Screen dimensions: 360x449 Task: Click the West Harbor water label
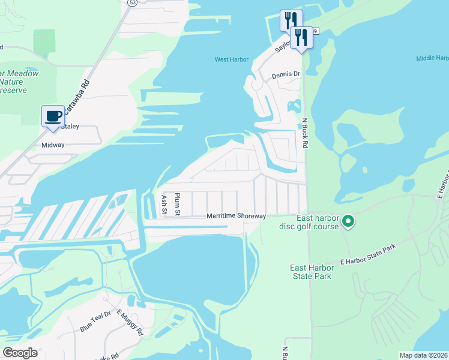[232, 59]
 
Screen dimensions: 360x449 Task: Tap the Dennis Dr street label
[285, 75]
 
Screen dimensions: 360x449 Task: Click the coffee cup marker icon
[53, 116]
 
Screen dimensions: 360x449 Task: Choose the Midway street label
[52, 145]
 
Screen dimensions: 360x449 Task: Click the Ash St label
[163, 204]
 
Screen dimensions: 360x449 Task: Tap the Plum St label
[178, 204]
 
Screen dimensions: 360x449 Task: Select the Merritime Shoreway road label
[236, 216]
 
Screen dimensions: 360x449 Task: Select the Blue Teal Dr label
[95, 321]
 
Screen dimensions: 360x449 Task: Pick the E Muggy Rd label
[130, 323]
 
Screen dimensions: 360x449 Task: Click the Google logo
[19, 352]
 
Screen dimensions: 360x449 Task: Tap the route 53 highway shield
[131, 2]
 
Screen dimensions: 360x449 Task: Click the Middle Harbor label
[432, 58]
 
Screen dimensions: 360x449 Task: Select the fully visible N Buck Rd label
[305, 133]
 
